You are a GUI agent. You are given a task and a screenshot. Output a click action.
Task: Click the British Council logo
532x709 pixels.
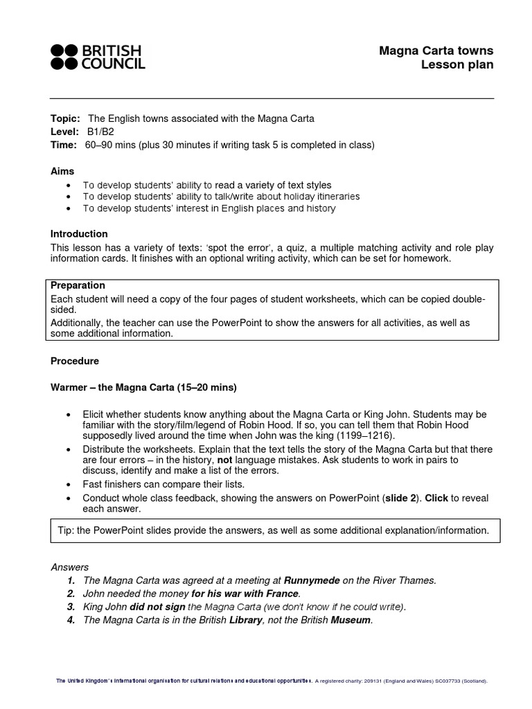[x=98, y=57]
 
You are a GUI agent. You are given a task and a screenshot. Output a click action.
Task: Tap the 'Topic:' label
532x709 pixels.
[x=65, y=118]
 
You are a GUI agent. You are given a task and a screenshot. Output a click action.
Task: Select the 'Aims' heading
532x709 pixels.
[x=62, y=171]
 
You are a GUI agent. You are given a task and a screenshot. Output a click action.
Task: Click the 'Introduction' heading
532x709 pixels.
[x=79, y=234]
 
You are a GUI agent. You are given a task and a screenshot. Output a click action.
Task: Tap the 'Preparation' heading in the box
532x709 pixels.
[x=78, y=285]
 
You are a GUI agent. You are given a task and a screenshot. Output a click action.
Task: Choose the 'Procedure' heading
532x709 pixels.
[x=75, y=361]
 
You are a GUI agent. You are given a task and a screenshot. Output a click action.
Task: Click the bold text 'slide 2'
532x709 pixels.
[x=404, y=497]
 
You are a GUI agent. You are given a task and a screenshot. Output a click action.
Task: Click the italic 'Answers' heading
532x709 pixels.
[x=70, y=567]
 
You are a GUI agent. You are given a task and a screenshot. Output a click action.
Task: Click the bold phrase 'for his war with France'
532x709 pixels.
[x=245, y=593]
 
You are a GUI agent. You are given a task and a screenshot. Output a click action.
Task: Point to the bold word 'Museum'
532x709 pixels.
[x=351, y=620]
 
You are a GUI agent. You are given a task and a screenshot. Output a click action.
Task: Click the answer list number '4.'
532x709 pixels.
[x=71, y=620]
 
